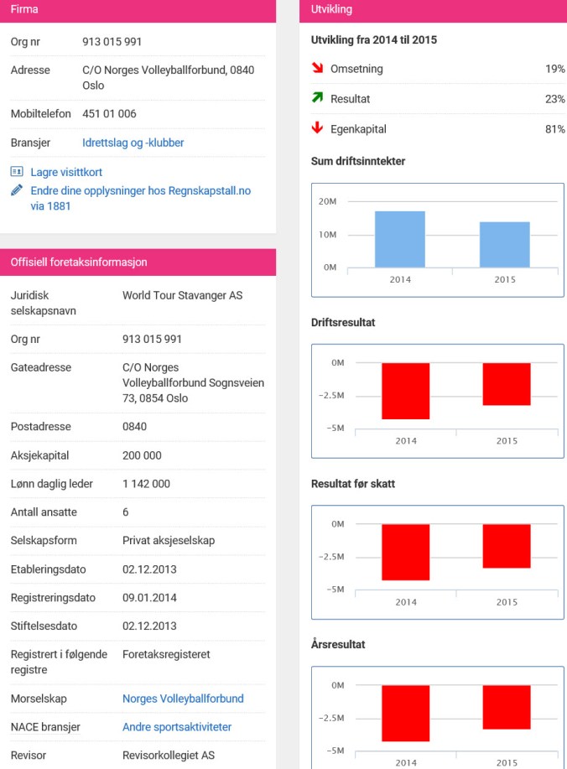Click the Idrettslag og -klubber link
133,143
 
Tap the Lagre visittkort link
66,172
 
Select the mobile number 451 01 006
109,113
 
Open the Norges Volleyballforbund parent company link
183,699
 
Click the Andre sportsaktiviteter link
176,727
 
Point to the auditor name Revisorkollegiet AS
168,755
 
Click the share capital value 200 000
142,455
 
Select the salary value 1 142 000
146,484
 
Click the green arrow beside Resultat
317,98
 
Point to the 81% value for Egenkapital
554,129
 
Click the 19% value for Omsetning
554,69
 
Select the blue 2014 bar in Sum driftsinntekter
400,239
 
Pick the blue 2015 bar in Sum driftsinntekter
504,244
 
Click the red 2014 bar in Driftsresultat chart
406,391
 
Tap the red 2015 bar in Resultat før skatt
507,546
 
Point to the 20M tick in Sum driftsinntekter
327,202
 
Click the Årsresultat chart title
337,645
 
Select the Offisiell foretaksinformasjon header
79,262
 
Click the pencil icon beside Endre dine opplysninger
17,190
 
